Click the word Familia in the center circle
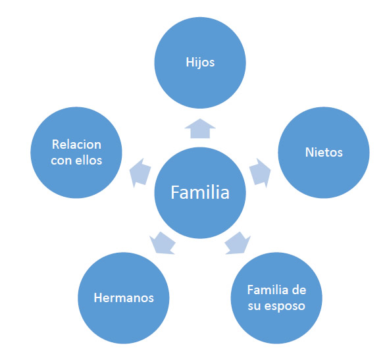(200, 192)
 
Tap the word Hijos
(200, 63)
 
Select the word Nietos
(324, 152)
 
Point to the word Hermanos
(124, 297)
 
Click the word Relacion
(76, 144)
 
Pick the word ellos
(88, 161)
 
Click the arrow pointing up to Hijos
(200, 128)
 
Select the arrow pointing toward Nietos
(260, 173)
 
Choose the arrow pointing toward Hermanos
(163, 243)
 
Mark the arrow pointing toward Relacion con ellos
(140, 173)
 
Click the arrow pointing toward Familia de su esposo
(238, 243)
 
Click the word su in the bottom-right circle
(255, 307)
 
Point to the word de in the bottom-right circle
(299, 290)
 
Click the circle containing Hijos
(200, 63)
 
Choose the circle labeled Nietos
(324, 153)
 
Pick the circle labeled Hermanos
(124, 298)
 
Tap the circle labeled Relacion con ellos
(76, 153)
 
